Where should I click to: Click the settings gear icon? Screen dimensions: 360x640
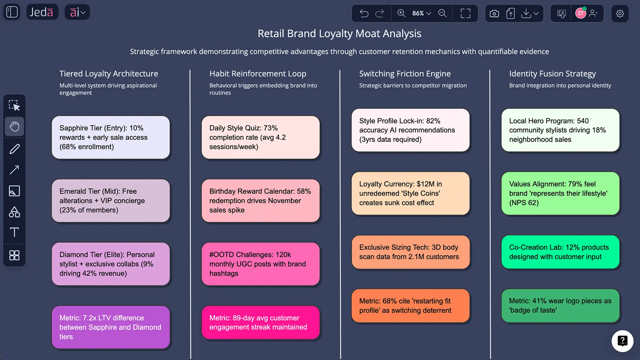[x=620, y=13]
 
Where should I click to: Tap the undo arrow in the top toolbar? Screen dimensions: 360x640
[x=364, y=13]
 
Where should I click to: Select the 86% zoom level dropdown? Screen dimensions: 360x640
[x=421, y=13]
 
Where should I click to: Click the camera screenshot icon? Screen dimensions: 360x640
[x=494, y=13]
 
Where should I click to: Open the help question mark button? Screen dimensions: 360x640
[x=622, y=341]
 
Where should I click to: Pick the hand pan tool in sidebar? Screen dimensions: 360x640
[x=14, y=126]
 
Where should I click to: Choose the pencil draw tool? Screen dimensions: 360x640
[x=14, y=149]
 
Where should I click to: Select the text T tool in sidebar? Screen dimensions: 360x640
[x=14, y=232]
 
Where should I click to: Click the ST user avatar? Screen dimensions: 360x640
[x=581, y=13]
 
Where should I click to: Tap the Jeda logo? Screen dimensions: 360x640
[x=42, y=12]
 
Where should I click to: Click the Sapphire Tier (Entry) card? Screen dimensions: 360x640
[x=111, y=137]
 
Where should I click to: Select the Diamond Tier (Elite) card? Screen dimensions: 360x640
[x=111, y=264]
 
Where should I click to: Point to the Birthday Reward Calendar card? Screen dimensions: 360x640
[x=261, y=201]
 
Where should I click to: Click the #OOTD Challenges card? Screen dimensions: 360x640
[x=261, y=264]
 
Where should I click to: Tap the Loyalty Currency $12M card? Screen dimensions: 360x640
[x=410, y=193]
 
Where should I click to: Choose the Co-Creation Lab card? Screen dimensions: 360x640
[x=560, y=252]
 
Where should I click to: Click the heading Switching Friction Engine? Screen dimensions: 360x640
[x=405, y=74]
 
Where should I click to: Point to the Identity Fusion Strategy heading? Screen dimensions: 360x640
[x=552, y=74]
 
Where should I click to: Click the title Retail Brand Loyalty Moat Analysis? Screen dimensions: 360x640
[x=339, y=33]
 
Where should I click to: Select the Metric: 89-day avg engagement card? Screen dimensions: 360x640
[x=261, y=323]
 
